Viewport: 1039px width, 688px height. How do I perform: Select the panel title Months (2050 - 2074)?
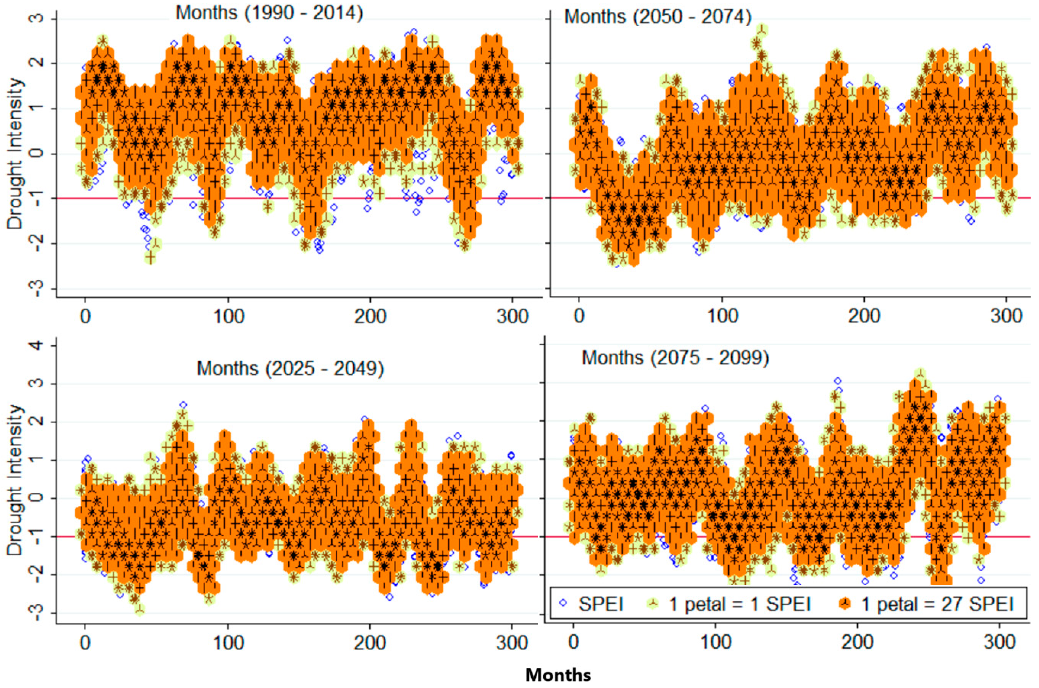coord(657,17)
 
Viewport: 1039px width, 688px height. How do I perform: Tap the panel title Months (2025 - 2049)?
coord(290,369)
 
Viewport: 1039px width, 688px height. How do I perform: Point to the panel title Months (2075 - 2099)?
coord(675,358)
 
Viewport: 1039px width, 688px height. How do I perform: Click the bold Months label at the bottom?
coord(558,674)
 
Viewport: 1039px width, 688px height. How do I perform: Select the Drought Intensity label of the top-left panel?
coord(14,154)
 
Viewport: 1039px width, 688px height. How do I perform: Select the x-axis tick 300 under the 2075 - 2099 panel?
coord(999,643)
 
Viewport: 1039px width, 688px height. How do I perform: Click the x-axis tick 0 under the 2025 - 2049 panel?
coord(85,643)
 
